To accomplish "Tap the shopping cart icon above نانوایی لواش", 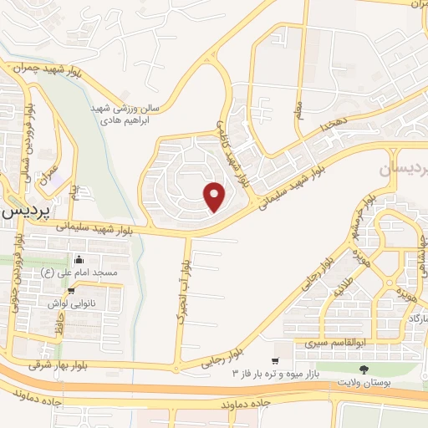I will (72, 290).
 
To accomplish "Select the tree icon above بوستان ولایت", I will (363, 369).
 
